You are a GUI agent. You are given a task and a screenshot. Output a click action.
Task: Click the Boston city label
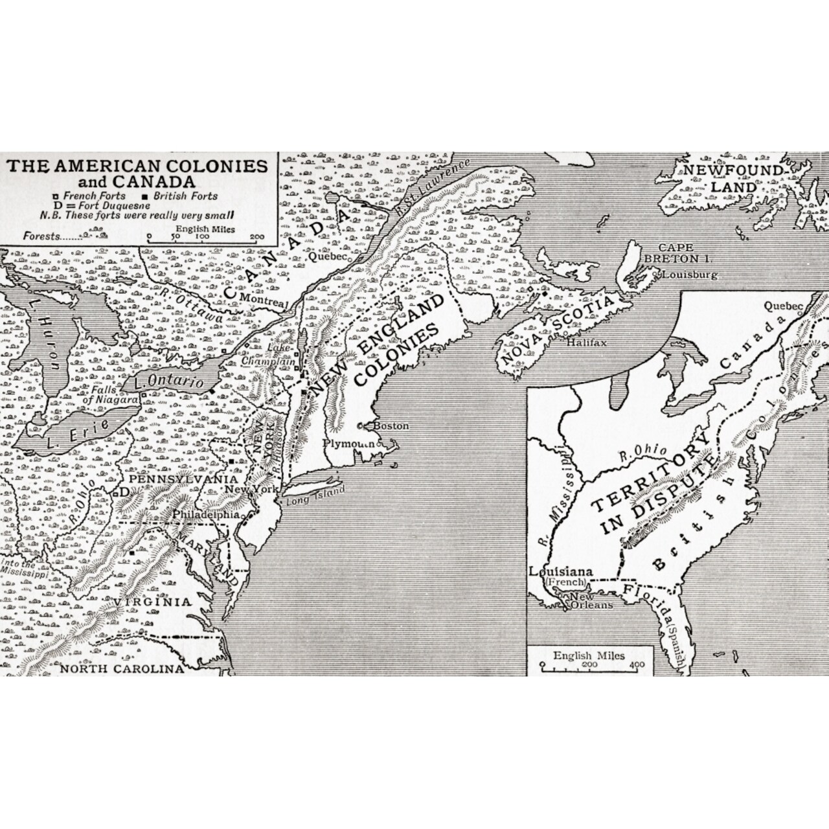[391, 426]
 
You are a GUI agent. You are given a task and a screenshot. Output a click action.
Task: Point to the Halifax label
[586, 343]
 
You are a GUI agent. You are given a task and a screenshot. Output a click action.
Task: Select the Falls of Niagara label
[115, 396]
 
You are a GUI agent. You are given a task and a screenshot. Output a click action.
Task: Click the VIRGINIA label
[153, 602]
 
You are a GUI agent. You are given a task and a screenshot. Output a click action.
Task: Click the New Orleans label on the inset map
[590, 600]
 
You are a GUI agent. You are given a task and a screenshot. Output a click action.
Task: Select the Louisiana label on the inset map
[561, 572]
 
